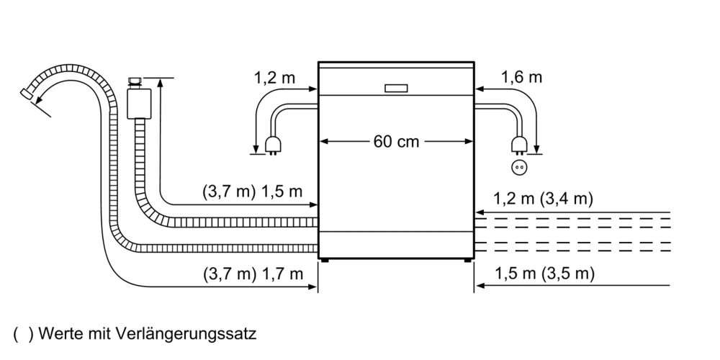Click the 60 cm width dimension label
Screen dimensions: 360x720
tap(396, 141)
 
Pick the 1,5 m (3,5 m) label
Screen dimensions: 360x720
tap(545, 274)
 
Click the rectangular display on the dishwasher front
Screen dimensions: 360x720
tap(395, 89)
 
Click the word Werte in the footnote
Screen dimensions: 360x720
tap(60, 334)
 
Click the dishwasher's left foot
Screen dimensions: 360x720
tap(328, 261)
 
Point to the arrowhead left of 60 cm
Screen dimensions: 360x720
tap(324, 141)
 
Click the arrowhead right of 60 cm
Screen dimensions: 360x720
tap(468, 141)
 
